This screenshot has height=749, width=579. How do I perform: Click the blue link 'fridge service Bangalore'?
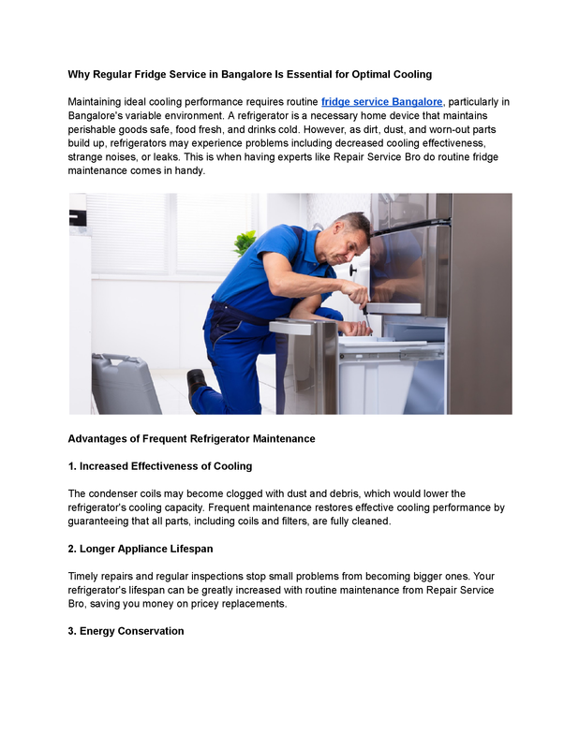click(x=381, y=101)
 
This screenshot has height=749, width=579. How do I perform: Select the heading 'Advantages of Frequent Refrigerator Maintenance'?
click(x=191, y=438)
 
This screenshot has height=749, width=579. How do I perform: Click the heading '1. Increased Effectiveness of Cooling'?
click(x=160, y=466)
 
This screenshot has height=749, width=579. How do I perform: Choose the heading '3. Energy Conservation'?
click(x=126, y=631)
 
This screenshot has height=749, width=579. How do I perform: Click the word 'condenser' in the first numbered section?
click(x=115, y=493)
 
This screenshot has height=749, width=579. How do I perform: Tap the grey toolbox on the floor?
click(x=126, y=384)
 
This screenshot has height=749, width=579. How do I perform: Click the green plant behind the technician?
click(x=245, y=242)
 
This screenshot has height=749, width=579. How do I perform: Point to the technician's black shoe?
click(x=196, y=384)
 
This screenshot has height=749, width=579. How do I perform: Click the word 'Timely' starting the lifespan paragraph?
click(x=86, y=576)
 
